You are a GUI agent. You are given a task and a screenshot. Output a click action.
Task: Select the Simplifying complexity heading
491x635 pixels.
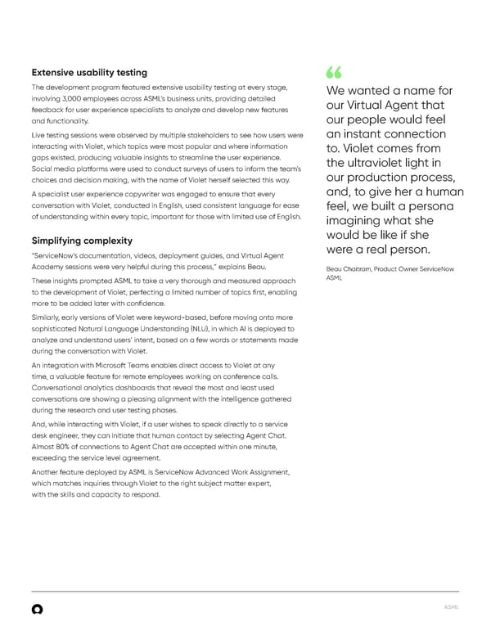pos(81,241)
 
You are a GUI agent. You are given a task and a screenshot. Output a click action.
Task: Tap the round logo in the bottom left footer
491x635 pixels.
pos(37,610)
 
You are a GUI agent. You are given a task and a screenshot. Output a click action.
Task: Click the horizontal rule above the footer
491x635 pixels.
pos(245,592)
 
